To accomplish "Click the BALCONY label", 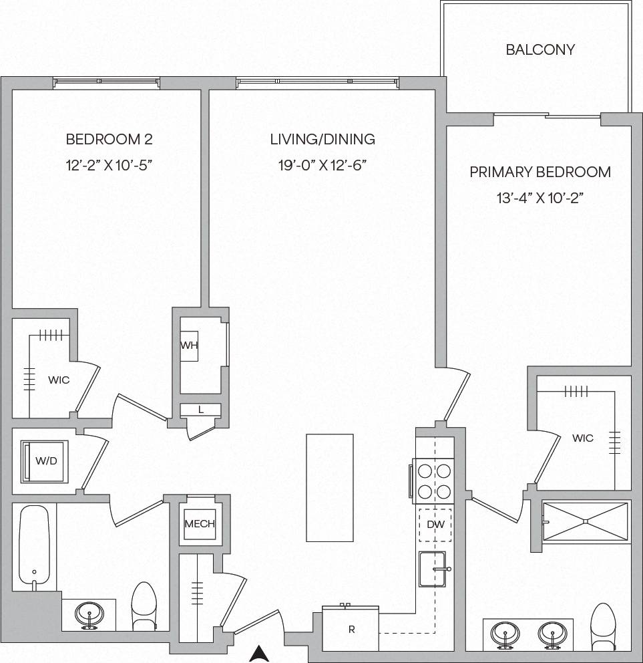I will [x=540, y=50].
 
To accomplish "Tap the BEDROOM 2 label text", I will [x=109, y=140].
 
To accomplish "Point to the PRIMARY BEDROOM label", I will [x=540, y=172].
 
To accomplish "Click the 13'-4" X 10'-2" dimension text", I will [x=540, y=198].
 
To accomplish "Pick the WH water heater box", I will [x=189, y=346].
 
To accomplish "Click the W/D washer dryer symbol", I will [x=45, y=460].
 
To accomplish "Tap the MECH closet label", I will [x=200, y=524].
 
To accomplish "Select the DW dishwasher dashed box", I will [x=435, y=525].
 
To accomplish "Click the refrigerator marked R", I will [x=351, y=629].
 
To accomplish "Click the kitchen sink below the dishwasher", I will [x=432, y=569].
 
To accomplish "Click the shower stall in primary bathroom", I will [x=585, y=521].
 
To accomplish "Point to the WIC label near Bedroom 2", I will [x=59, y=380].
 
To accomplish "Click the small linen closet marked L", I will [x=200, y=410].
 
